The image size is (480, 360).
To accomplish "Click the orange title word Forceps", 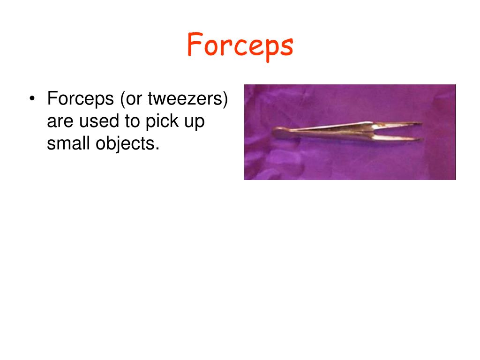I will click(x=240, y=45).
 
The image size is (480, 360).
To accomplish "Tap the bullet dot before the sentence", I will click(x=31, y=99).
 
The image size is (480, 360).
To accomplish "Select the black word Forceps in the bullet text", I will click(x=81, y=99).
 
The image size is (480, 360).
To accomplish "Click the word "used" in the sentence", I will click(x=98, y=121).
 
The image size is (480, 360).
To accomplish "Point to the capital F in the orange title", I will click(x=195, y=45).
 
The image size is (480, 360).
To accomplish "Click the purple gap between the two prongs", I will click(x=394, y=132).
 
